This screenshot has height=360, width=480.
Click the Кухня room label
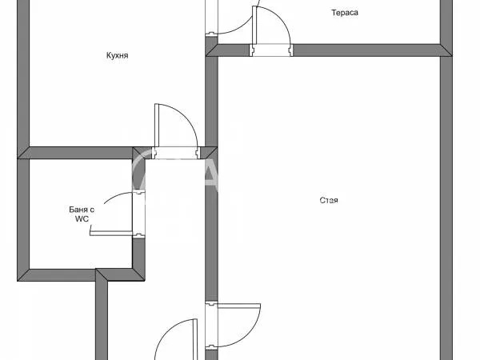click(117, 56)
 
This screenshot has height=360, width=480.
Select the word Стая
click(328, 200)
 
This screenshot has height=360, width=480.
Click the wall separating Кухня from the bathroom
click(80, 152)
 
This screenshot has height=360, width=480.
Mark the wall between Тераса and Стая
click(368, 50)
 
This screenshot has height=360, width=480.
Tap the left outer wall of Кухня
click(23, 80)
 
